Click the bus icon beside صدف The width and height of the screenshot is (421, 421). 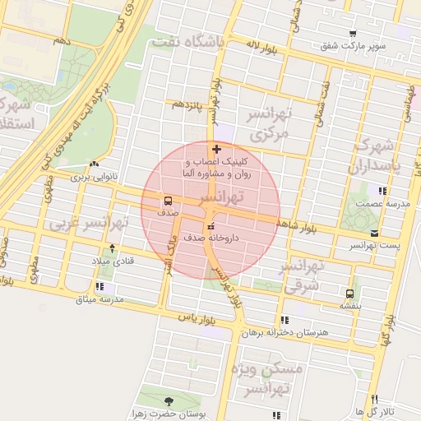[168, 201]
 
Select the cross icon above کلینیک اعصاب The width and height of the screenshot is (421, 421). [216, 149]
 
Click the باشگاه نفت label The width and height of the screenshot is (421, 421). [186, 41]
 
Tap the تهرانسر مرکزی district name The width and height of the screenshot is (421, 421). [272, 124]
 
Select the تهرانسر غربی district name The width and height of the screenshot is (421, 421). [89, 223]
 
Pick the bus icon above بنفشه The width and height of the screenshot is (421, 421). [350, 294]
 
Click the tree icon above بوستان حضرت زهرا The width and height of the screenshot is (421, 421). [169, 400]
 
